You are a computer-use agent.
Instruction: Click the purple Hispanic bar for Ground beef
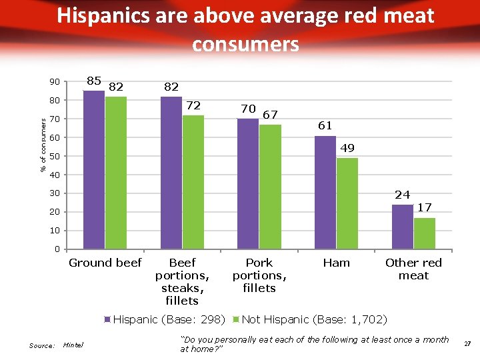pos(94,170)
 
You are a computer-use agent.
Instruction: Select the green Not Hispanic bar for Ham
pos(347,203)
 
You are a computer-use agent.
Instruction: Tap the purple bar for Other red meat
pos(402,227)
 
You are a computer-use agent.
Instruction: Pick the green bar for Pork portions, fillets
pos(270,187)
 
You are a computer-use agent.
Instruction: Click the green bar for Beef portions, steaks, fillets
pos(193,182)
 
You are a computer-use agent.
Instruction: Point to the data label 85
pos(94,81)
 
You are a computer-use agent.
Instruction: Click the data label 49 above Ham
pos(347,148)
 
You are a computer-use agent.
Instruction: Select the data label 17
pos(425,208)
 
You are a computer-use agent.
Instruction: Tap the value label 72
pos(193,105)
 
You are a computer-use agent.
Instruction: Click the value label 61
pos(325,125)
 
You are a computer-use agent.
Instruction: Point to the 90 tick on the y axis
pos(54,82)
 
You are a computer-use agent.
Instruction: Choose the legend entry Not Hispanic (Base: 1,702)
pos(313,319)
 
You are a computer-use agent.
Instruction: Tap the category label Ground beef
pos(105,263)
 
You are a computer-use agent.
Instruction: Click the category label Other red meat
pos(413,269)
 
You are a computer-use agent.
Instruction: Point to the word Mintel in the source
pos(74,345)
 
